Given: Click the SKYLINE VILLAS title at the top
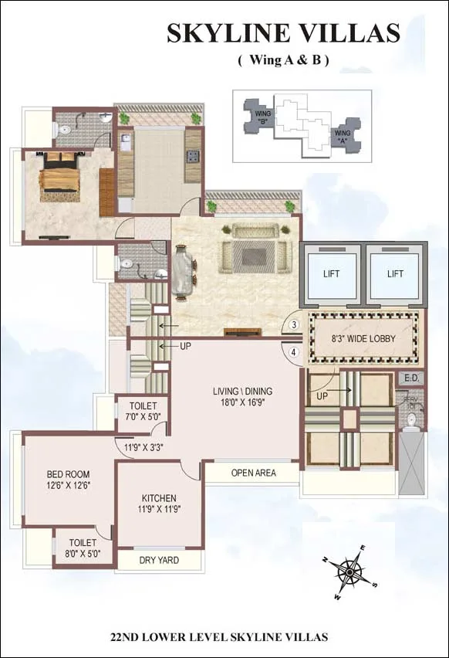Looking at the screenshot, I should pos(284,33).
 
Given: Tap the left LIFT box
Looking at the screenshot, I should pos(331,274).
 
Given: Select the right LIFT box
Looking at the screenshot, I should pos(395,274).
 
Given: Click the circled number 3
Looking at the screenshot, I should pos(295,325).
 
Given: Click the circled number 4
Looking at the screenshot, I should pos(295,352).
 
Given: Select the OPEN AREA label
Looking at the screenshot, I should pos(254,473).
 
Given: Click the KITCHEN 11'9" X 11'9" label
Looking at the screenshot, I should pos(159,504).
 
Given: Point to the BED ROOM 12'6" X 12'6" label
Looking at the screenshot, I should pos(68,480).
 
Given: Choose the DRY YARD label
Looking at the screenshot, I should pos(159,560).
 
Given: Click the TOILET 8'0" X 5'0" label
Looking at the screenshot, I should pos(83,548).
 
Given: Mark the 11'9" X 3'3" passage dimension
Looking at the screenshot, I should pos(143,447).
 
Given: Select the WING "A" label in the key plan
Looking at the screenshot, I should pos(342,137).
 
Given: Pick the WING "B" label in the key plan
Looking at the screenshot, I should pos(262,118).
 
